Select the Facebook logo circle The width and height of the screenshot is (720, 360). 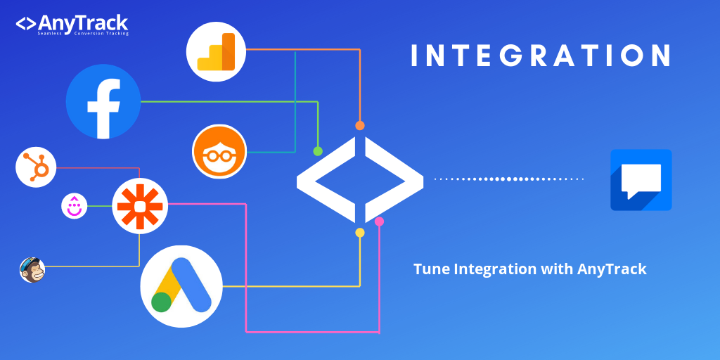tap(103, 101)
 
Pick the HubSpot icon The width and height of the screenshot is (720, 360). tap(35, 167)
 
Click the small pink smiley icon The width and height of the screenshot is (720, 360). tap(75, 206)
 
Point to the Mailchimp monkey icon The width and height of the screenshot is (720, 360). tap(32, 269)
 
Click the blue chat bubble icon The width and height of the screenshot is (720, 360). tap(641, 180)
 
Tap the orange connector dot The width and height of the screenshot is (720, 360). tap(360, 126)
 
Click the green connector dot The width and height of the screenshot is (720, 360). tap(318, 151)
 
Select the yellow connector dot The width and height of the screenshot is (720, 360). tap(360, 233)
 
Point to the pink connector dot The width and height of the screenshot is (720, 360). tap(380, 221)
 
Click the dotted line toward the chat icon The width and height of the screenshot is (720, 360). tap(509, 179)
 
